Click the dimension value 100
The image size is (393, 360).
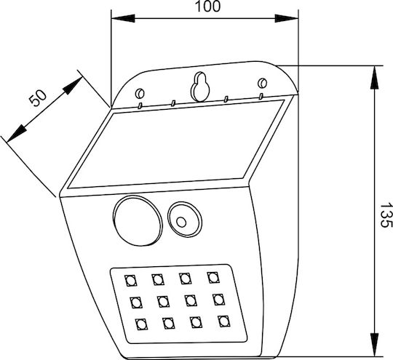coord(207,7)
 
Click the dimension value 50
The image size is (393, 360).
coord(38,98)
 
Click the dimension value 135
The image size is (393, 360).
coord(386,215)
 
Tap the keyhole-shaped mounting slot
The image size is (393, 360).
coord(200,87)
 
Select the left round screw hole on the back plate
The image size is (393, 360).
coord(140,93)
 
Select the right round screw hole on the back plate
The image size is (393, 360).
coord(263,83)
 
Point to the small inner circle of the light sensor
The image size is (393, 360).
coord(181,222)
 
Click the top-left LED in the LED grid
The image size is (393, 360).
coord(130,280)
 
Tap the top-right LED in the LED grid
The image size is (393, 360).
coord(213,277)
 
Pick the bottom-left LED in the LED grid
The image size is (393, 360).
coord(141,324)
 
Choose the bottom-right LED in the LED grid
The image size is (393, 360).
coord(224,321)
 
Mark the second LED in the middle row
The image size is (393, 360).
coord(163,302)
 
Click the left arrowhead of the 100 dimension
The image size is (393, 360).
coord(123,18)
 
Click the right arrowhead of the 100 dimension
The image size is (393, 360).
coord(287,18)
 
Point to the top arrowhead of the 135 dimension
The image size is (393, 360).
coord(374,77)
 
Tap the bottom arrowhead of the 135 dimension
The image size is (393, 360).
coord(374,345)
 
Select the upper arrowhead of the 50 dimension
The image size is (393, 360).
coord(74,85)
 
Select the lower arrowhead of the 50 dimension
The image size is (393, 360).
coord(17,133)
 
